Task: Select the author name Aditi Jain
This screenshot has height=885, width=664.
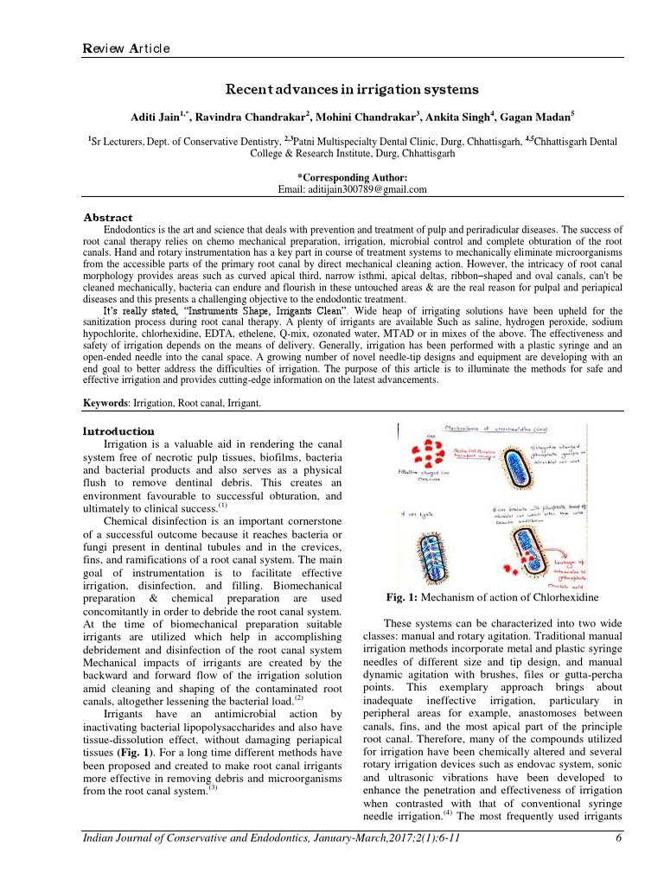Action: pos(156,116)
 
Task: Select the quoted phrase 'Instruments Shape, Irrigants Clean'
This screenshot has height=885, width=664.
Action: pos(227,310)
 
